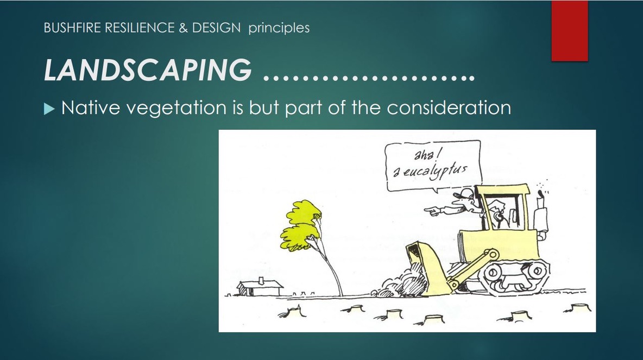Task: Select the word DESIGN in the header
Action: (x=215, y=28)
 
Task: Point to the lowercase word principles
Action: (x=279, y=28)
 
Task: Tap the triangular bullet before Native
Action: (x=49, y=109)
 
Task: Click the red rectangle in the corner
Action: (x=569, y=30)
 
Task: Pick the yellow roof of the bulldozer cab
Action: (x=503, y=191)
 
